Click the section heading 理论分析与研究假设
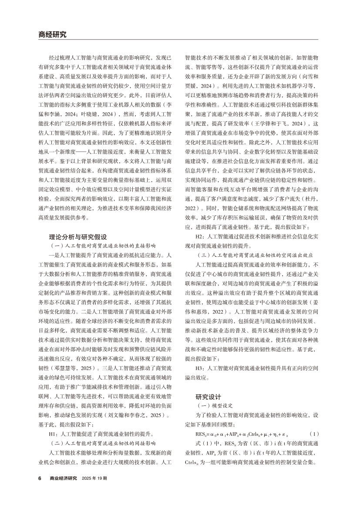coord(78,237)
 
